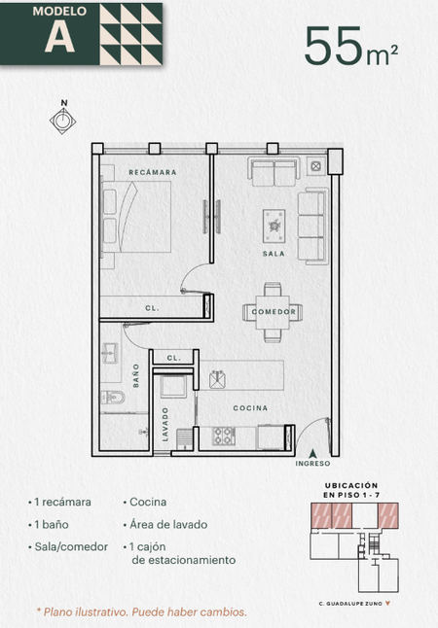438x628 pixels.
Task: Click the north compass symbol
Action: click(63, 120)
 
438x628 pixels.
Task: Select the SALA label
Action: click(274, 254)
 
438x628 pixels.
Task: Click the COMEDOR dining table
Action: click(273, 312)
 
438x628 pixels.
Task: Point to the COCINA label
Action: click(250, 407)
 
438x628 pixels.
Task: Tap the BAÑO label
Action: click(136, 375)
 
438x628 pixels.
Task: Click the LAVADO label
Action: click(165, 425)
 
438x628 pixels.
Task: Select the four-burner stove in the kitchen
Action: click(224, 436)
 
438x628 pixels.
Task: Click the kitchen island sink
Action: click(218, 379)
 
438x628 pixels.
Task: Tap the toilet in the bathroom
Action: click(112, 398)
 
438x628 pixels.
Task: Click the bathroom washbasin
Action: click(109, 353)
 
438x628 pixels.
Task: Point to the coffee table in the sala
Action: click(274, 226)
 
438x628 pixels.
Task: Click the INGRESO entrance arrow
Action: click(312, 454)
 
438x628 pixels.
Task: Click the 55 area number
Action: click(333, 46)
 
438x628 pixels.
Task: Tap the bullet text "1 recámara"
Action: click(62, 503)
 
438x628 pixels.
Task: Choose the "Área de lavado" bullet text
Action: click(168, 525)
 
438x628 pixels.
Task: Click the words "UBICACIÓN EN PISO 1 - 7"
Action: click(351, 490)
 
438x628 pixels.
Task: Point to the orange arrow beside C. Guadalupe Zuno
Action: click(387, 603)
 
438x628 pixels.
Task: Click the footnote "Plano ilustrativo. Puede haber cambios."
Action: click(141, 612)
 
